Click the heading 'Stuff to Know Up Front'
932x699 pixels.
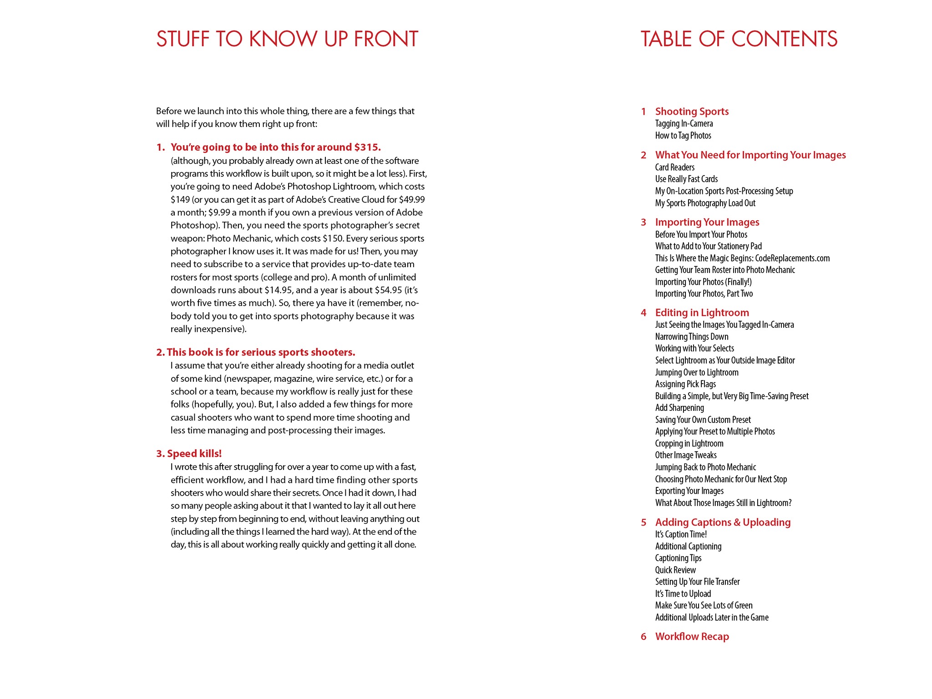[x=287, y=39]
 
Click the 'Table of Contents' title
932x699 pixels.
[x=739, y=39]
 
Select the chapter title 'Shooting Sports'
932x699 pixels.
[x=692, y=111]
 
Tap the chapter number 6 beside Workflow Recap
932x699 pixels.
[x=643, y=637]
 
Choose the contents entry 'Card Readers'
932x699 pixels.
[x=675, y=167]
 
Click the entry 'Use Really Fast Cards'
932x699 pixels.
[x=686, y=179]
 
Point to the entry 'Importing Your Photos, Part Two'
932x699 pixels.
[x=704, y=294]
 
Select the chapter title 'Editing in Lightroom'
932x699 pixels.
[x=702, y=313]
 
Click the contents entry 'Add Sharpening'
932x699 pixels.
[x=679, y=408]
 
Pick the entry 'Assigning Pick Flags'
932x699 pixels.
[x=685, y=384]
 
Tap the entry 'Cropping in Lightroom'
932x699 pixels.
[x=689, y=444]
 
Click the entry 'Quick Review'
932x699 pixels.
[x=675, y=570]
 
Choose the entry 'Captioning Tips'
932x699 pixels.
[x=678, y=558]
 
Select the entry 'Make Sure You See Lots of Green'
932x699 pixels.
[x=704, y=606]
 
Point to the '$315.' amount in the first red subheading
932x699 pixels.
[x=367, y=147]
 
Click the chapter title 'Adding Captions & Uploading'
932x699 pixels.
[x=723, y=522]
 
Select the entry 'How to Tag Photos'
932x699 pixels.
[x=683, y=136]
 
